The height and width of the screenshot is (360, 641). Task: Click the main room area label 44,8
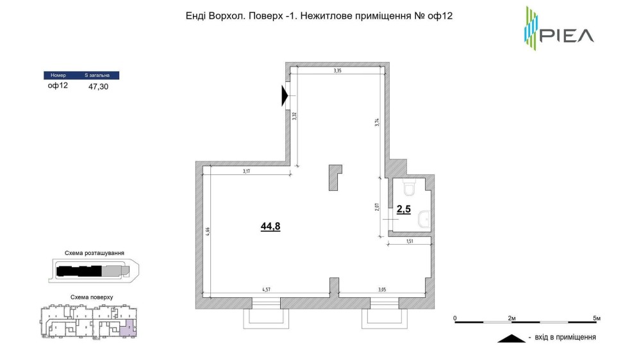click(x=271, y=226)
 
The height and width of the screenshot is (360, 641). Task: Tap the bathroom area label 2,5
click(x=403, y=209)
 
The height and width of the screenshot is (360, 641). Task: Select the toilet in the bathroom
click(x=409, y=188)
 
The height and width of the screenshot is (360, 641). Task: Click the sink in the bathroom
click(x=424, y=220)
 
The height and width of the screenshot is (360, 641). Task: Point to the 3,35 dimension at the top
click(x=337, y=70)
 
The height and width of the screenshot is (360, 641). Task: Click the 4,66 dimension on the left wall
click(x=208, y=232)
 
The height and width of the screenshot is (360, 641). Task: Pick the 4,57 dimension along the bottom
click(x=266, y=290)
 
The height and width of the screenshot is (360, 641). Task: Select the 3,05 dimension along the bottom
click(x=382, y=290)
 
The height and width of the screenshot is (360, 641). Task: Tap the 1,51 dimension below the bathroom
click(x=410, y=241)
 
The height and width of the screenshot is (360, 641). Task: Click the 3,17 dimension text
click(x=246, y=171)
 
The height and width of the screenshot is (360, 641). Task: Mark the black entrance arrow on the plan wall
click(x=285, y=96)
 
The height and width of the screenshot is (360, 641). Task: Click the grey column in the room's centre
click(x=335, y=177)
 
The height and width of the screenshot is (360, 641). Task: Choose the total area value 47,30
click(x=99, y=86)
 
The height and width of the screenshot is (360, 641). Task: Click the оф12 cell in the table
click(x=58, y=85)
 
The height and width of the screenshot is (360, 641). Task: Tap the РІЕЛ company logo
click(x=559, y=29)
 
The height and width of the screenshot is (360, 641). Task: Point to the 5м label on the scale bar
click(x=597, y=318)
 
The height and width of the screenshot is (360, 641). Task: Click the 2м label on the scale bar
click(x=512, y=318)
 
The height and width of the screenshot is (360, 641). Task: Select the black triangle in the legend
click(x=512, y=338)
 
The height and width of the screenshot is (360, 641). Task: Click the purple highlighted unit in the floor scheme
click(x=128, y=329)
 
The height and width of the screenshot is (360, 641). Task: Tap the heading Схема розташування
click(x=94, y=253)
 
